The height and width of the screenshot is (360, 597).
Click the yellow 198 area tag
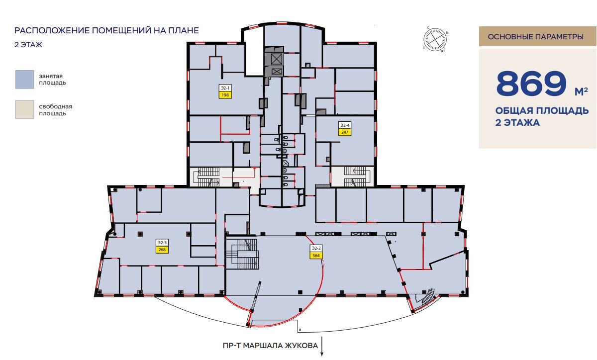[x=225, y=95]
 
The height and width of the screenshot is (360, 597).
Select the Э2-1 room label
[x=225, y=88]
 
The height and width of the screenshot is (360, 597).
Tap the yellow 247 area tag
[x=345, y=132]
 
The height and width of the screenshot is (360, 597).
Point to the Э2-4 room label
[x=345, y=125]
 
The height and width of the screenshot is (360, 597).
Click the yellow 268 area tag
[x=162, y=250]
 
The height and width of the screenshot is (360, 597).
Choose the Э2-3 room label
[x=162, y=243]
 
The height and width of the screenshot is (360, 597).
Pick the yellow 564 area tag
[x=316, y=256]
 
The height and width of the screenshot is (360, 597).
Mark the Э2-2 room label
[x=316, y=248]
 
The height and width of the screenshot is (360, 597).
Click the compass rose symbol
[x=435, y=40]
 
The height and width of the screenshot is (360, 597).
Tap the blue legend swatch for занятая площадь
[x=24, y=80]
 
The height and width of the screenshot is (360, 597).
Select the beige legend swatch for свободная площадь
[x=24, y=109]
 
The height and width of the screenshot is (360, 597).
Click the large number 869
[x=531, y=84]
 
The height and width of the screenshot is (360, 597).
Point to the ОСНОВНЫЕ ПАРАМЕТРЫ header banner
[x=538, y=36]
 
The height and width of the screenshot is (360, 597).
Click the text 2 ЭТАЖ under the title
[x=28, y=45]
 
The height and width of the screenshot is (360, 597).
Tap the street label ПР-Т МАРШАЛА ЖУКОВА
[x=270, y=346]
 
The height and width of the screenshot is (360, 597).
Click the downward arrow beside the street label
[x=322, y=347]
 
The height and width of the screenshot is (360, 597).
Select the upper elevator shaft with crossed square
[x=277, y=59]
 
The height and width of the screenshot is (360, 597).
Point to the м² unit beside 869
[x=581, y=91]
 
